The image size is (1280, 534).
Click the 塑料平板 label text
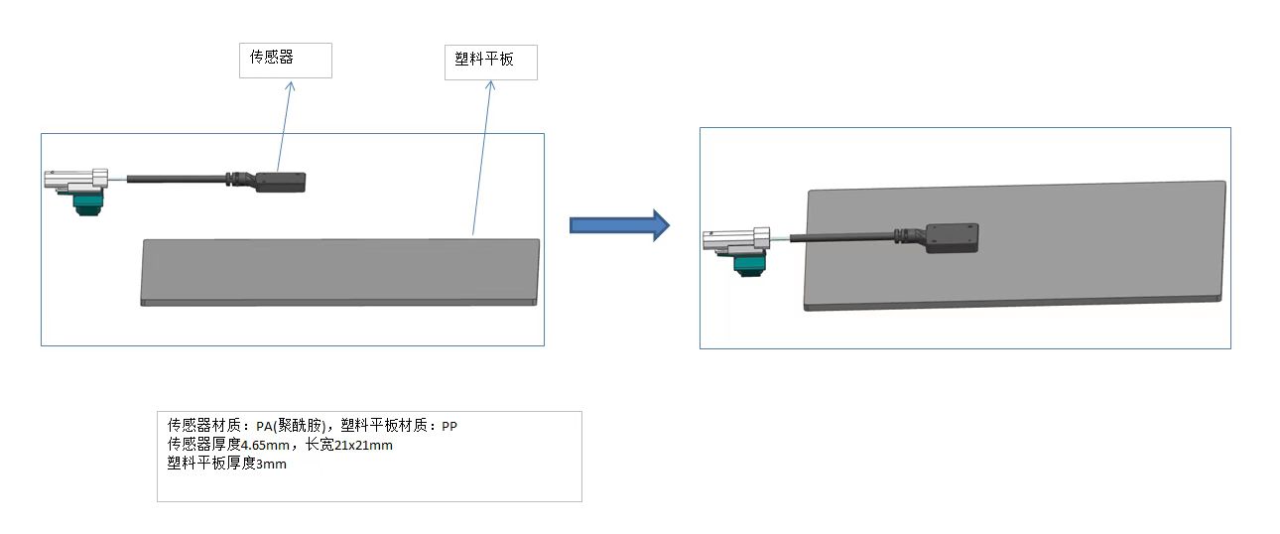coord(478,60)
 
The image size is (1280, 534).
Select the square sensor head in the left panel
coord(282,182)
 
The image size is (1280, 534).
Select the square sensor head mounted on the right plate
coord(951,237)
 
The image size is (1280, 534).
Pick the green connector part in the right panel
coord(749,262)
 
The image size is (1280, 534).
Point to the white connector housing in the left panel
coord(75,180)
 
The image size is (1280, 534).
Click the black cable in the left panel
coord(179,179)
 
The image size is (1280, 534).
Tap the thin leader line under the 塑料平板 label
coord(481,159)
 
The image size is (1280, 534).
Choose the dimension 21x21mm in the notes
coord(363,445)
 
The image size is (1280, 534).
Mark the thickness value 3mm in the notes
coord(271,464)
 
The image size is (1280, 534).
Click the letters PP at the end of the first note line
coord(449,426)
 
